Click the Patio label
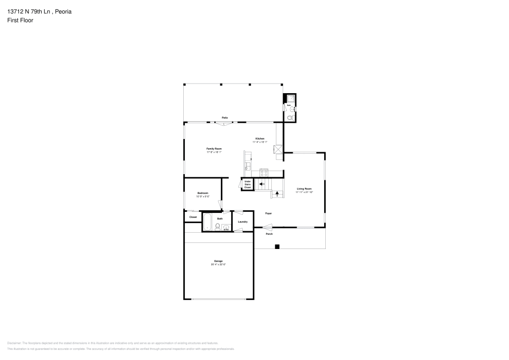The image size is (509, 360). pos(224,118)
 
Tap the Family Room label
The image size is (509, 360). pos(214,149)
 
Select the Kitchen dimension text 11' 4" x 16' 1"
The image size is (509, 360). pos(260,142)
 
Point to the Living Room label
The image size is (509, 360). pos(304,188)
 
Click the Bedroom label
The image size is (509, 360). pos(203,193)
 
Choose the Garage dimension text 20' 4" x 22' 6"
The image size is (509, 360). pos(218,264)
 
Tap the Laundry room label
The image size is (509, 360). pos(243,221)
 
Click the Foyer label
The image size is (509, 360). pos(268,213)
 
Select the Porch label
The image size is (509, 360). pos(269,234)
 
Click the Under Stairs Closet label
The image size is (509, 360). pos(247,184)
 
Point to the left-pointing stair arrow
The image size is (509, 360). pos(262,184)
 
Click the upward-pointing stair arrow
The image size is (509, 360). pos(277,193)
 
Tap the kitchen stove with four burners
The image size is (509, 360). pos(264,171)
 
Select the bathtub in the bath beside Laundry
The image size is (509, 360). pos(208,221)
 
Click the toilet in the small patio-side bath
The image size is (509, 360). pos(290,118)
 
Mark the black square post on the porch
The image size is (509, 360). pos(277,247)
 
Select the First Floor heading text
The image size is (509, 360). pos(20,20)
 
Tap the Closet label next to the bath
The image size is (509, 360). pos(193,217)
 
